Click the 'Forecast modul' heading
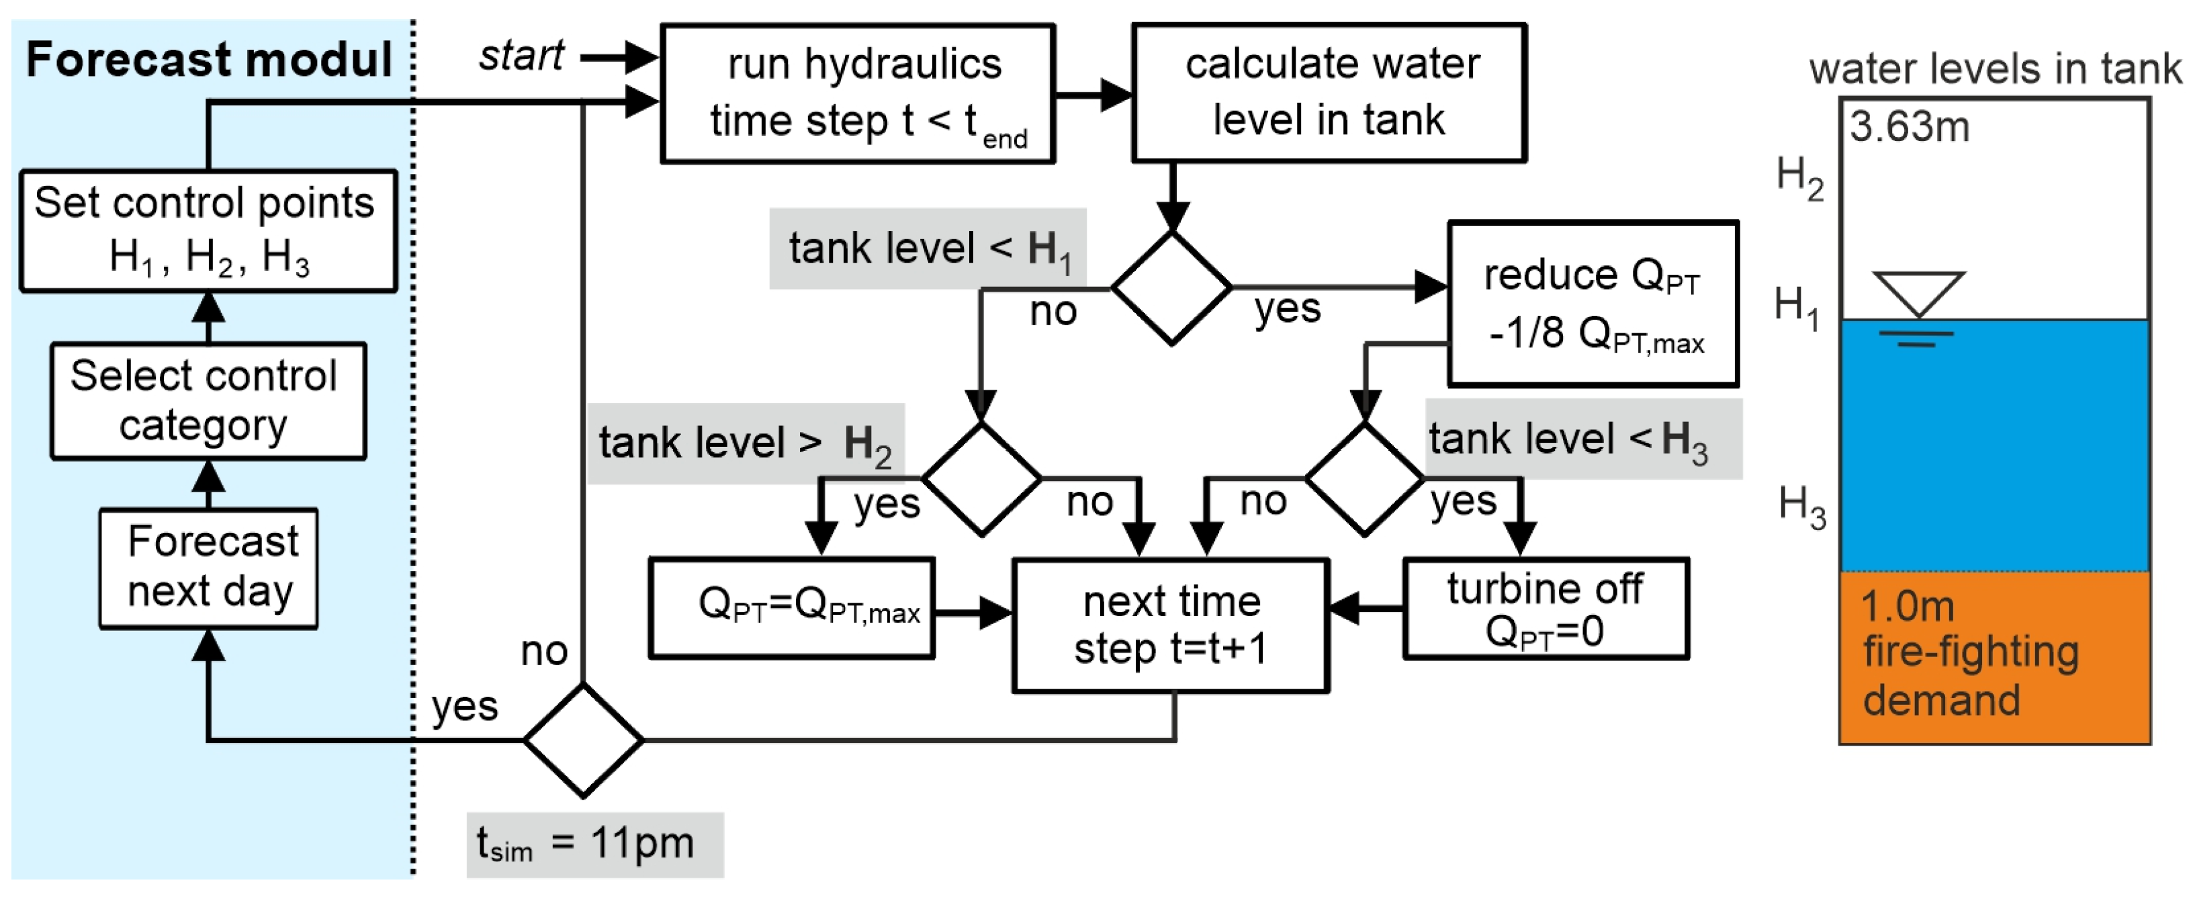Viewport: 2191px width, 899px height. point(208,60)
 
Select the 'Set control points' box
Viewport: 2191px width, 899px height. point(208,230)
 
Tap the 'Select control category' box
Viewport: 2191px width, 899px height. point(208,400)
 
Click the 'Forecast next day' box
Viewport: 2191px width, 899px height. point(208,567)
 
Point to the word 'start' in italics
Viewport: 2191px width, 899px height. point(521,57)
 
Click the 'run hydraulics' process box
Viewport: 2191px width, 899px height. point(857,93)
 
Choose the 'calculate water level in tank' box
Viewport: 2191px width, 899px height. point(1329,92)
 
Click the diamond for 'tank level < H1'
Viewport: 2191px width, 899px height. point(1171,288)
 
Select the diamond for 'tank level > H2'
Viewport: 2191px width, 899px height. point(981,479)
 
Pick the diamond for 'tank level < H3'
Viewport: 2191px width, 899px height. point(1364,479)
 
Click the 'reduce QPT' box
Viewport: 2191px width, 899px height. point(1593,304)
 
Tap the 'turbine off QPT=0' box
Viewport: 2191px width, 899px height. point(1545,609)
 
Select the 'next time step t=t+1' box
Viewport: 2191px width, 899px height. point(1170,625)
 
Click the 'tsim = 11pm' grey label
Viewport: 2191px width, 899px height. point(594,845)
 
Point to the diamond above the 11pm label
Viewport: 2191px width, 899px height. point(582,740)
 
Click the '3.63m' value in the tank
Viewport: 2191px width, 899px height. point(1909,128)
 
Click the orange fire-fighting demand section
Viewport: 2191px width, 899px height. point(1994,656)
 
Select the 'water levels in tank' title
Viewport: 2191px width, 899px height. point(1994,68)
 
